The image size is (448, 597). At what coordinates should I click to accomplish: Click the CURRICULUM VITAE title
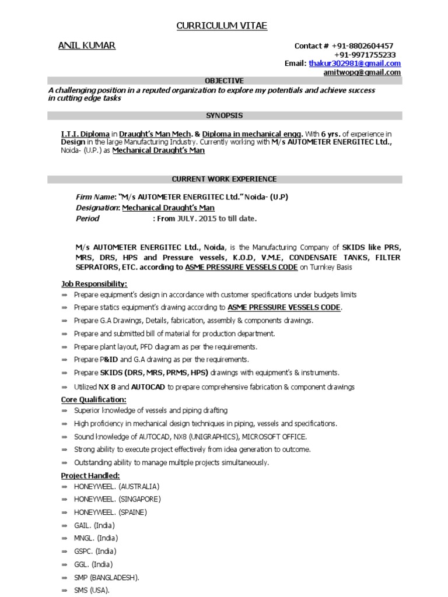pyautogui.click(x=222, y=26)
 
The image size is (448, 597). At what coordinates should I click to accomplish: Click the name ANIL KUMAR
pyautogui.click(x=87, y=46)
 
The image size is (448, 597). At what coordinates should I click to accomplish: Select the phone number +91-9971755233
pyautogui.click(x=365, y=55)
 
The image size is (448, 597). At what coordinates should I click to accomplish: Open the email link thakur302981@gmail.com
pyautogui.click(x=355, y=64)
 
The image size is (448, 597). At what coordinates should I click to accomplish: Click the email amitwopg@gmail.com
pyautogui.click(x=362, y=73)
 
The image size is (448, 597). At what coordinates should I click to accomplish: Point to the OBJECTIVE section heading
pyautogui.click(x=224, y=81)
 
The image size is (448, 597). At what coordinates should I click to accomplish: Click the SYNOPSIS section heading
pyautogui.click(x=224, y=116)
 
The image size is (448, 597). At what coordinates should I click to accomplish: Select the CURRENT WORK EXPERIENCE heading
pyautogui.click(x=224, y=179)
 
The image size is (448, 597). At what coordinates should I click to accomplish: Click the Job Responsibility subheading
pyautogui.click(x=94, y=284)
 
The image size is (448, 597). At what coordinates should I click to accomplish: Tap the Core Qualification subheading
pyautogui.click(x=93, y=399)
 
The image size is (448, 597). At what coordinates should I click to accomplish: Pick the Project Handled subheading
pyautogui.click(x=90, y=476)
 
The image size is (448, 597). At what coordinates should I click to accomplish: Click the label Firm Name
pyautogui.click(x=96, y=197)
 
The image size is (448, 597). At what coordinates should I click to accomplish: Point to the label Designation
pyautogui.click(x=97, y=208)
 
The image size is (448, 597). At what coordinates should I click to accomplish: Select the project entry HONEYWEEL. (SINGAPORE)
pyautogui.click(x=117, y=499)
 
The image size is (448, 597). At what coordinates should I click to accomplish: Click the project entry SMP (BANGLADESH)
pyautogui.click(x=107, y=578)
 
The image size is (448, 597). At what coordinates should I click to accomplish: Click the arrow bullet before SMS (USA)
pyautogui.click(x=65, y=591)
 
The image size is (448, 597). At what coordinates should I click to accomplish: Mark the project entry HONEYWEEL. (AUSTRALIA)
pyautogui.click(x=117, y=486)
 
